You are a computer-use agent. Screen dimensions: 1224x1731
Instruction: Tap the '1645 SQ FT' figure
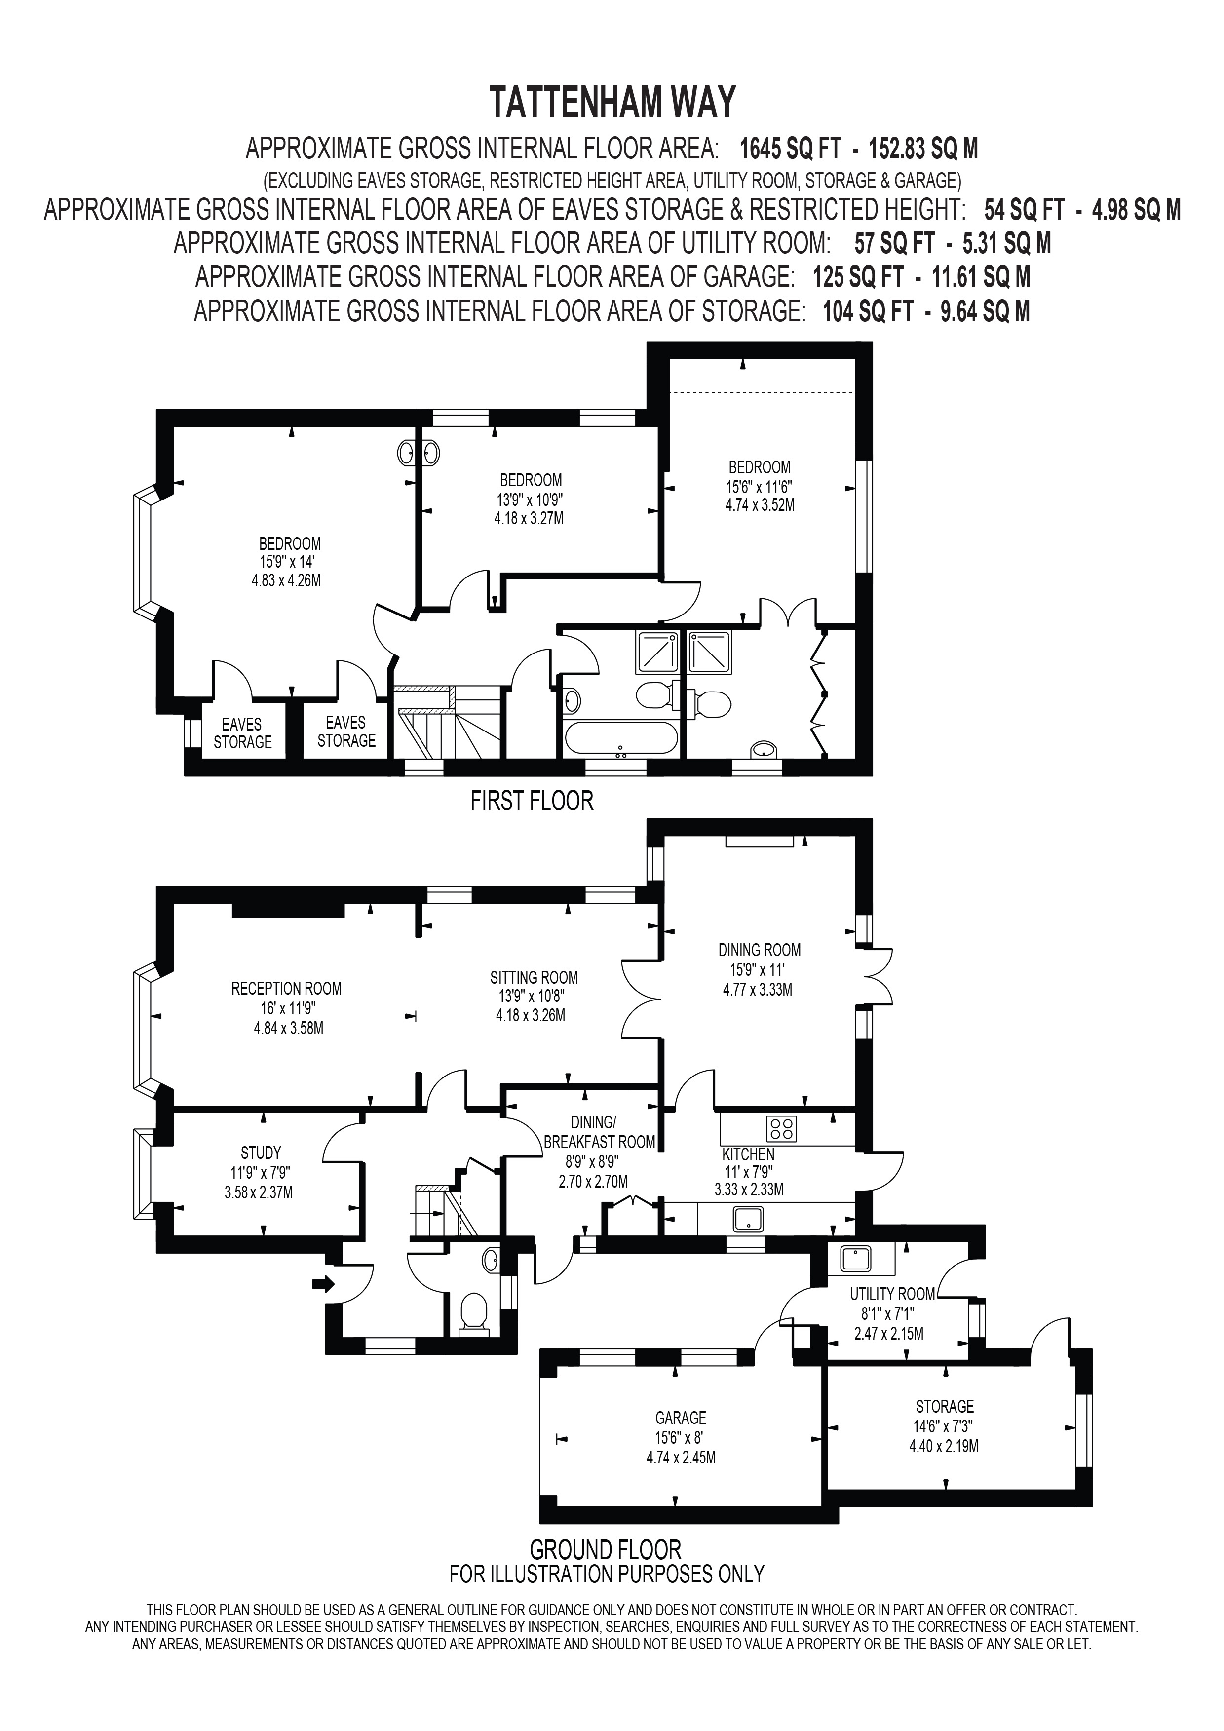[789, 149]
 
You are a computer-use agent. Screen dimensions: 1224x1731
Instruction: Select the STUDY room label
[261, 1153]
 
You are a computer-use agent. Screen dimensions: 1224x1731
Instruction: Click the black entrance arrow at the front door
[323, 1284]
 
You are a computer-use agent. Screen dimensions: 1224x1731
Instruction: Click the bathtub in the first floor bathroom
[621, 738]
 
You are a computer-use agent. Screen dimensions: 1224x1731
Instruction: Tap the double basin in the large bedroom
[419, 453]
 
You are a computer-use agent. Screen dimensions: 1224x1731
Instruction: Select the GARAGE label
[681, 1418]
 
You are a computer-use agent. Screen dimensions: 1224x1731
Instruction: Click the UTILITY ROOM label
[892, 1294]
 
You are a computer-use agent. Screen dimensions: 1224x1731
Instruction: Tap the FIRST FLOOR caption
[532, 801]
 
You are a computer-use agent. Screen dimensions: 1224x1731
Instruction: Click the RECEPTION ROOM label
[286, 988]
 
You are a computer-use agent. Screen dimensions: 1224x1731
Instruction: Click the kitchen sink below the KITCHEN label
[748, 1219]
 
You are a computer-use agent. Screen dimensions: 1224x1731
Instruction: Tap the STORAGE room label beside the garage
[944, 1406]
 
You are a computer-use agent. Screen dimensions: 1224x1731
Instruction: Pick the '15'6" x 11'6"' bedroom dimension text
[760, 486]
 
